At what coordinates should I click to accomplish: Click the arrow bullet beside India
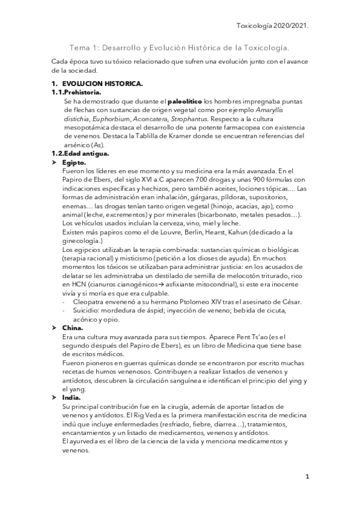[55, 397]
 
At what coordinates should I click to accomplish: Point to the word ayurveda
[83, 441]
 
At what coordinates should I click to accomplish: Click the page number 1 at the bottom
[307, 477]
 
